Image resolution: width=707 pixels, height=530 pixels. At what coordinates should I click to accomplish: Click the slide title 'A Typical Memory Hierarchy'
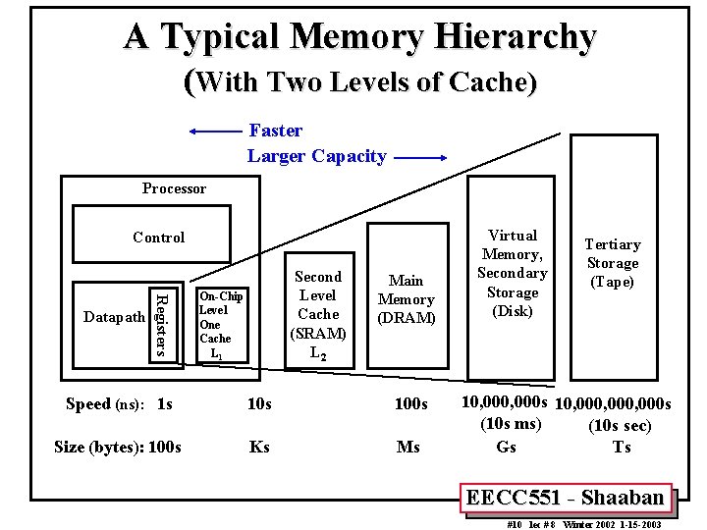359,37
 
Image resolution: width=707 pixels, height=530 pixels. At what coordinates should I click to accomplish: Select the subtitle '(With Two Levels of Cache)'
360,82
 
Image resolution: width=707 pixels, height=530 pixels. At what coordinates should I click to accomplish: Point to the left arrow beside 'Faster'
216,131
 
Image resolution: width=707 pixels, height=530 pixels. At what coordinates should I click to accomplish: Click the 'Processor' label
174,188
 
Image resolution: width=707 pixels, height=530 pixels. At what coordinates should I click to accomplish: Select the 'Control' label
158,238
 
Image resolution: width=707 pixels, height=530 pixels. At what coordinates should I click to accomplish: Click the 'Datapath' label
115,317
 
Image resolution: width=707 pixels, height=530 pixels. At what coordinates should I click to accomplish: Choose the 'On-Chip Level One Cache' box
221,324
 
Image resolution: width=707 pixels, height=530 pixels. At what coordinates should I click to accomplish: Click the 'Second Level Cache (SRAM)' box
318,314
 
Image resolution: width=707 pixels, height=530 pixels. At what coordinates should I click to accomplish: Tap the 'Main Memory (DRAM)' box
406,299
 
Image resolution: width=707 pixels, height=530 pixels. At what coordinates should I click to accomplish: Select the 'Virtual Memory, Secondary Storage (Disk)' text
513,273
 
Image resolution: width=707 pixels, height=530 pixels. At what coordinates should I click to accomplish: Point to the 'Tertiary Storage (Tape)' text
613,263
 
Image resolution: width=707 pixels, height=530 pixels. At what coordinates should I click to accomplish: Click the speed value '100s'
410,404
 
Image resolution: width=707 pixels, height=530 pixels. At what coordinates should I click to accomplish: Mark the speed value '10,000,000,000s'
614,404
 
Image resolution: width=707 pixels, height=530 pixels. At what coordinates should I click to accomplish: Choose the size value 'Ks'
259,447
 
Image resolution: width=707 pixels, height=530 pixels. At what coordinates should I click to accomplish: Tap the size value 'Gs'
506,447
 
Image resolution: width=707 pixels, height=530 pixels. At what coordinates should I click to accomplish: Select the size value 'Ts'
621,447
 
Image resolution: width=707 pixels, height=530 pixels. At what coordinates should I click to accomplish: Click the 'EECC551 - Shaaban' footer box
565,498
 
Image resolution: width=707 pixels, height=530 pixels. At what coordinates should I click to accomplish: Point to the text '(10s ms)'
511,425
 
